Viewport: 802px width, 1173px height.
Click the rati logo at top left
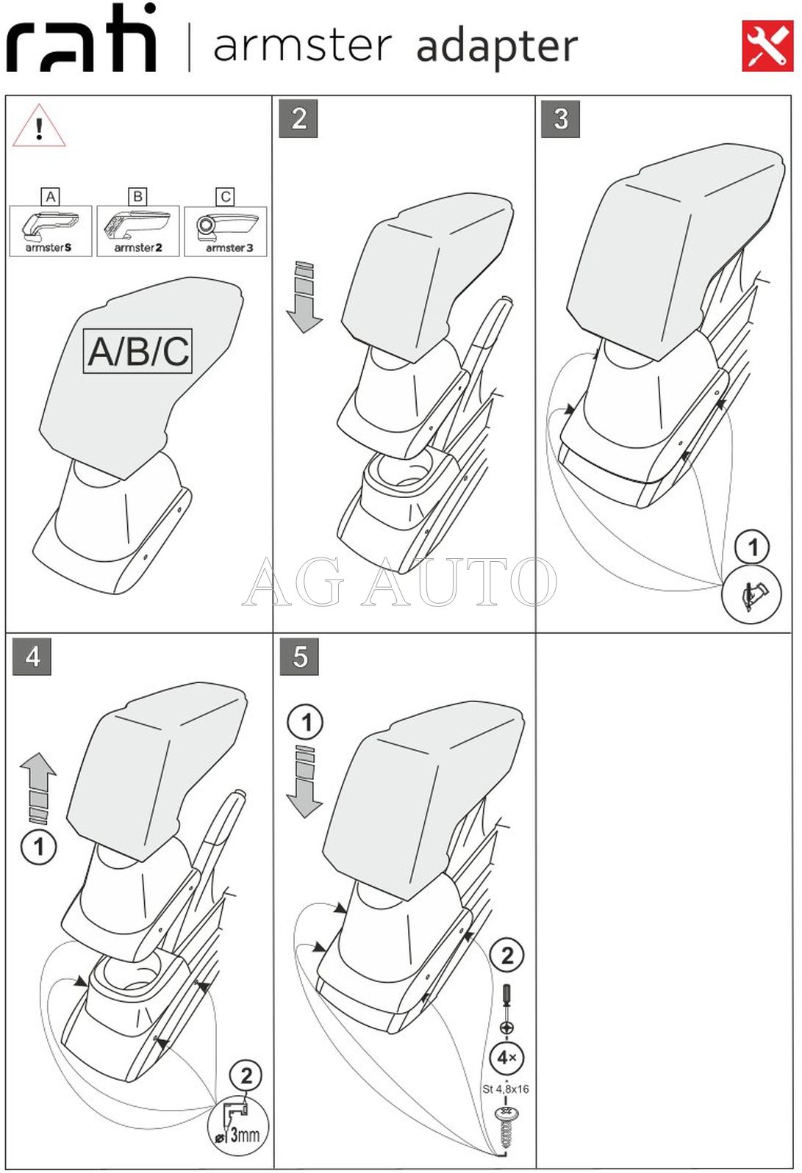click(81, 40)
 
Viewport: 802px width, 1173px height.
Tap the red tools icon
click(767, 46)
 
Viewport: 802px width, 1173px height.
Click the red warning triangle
click(39, 127)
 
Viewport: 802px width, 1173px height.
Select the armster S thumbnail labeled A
click(50, 231)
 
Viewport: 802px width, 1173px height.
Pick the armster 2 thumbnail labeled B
click(138, 231)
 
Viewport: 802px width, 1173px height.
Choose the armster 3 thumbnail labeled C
click(226, 231)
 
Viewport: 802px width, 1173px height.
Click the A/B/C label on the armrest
click(138, 351)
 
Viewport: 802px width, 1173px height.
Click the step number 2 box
click(298, 119)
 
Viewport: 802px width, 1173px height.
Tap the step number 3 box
click(560, 119)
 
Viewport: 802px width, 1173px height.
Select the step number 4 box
click(32, 656)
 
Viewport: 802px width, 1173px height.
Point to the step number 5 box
click(299, 656)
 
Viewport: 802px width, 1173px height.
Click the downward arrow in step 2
click(304, 296)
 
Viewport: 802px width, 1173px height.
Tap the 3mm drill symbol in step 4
click(238, 1126)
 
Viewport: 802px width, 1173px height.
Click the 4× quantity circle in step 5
click(506, 1058)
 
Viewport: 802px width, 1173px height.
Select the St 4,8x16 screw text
click(506, 1089)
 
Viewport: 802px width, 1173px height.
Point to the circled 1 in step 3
click(752, 547)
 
